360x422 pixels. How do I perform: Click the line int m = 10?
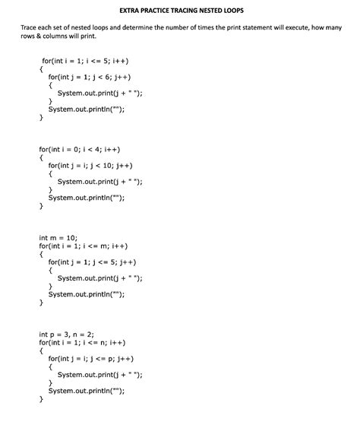tap(58, 237)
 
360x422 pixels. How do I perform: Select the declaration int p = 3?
tap(56, 335)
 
